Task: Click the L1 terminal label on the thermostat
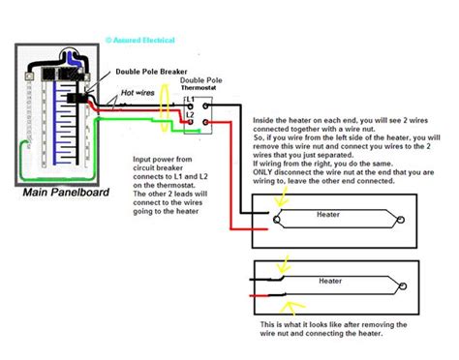coord(191,101)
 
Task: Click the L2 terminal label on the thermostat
coord(191,116)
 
